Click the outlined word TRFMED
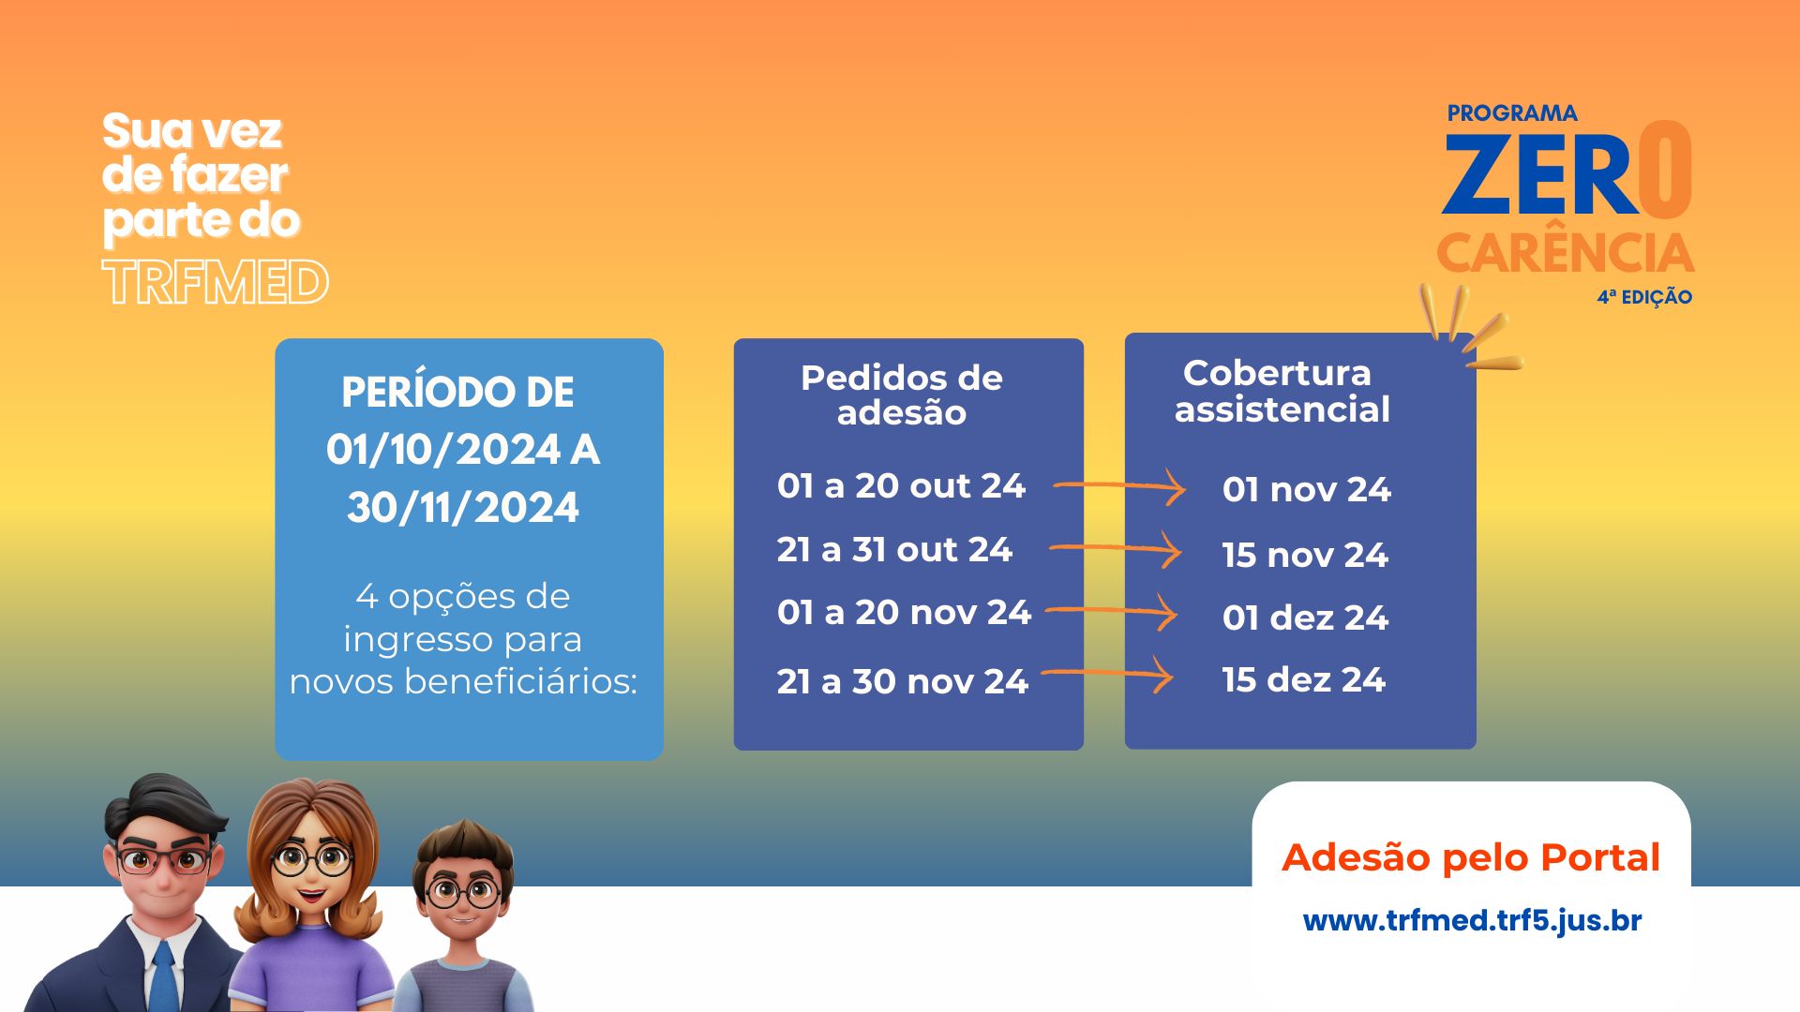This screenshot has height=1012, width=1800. pos(216,282)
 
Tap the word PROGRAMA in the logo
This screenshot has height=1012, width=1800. pos(1512,113)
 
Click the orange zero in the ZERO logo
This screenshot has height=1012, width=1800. pos(1666,171)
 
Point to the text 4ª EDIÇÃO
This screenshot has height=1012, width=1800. pos(1644,297)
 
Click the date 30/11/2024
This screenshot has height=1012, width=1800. pos(463,508)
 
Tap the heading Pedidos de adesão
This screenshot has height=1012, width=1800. pos(902,394)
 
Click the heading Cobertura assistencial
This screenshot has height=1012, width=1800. pos(1281,391)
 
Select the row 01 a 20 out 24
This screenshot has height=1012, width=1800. pos(901,485)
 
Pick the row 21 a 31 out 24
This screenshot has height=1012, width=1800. pos(894,549)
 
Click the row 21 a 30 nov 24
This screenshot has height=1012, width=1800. pos(902,681)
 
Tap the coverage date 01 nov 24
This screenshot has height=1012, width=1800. pos(1306,489)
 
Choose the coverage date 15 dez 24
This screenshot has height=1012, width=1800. pos(1303,679)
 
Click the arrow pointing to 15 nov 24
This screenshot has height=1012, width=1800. pos(1116,548)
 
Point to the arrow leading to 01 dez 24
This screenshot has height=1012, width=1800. pos(1112,611)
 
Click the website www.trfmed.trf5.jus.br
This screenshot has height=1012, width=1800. pos(1472,920)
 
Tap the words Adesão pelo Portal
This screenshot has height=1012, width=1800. pos(1471,857)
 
